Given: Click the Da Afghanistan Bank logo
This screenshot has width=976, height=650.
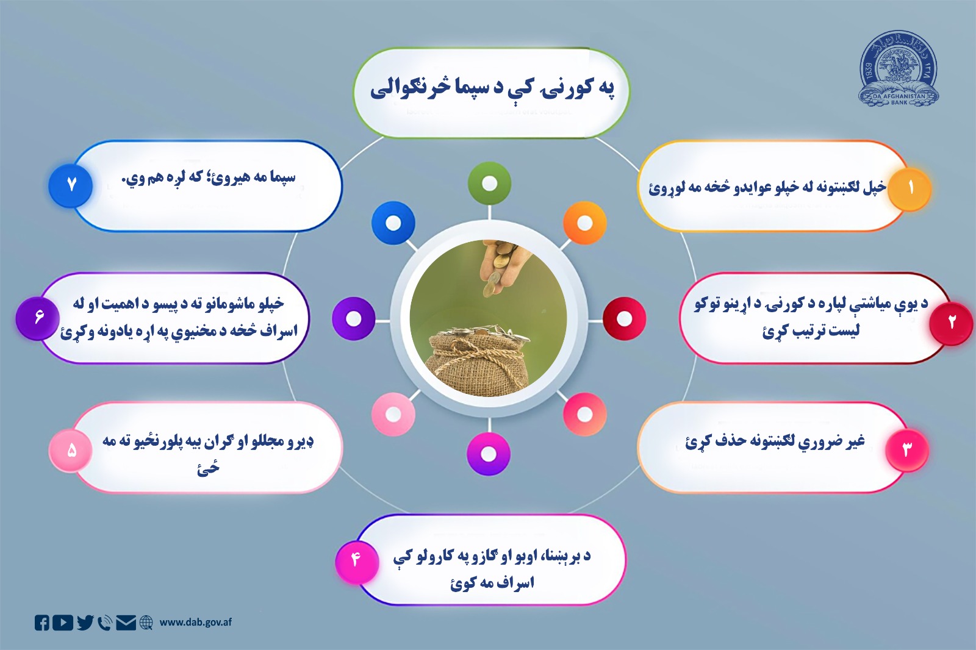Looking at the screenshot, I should coord(899,70).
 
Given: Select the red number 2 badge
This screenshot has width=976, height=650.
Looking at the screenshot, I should coord(951,323).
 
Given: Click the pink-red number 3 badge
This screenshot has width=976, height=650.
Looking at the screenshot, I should coord(906,450).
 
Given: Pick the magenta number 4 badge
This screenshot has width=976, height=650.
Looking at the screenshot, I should coord(356,559).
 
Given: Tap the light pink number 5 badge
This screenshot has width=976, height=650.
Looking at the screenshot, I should coord(71,451).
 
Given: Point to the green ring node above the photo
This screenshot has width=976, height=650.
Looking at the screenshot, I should coord(489,184).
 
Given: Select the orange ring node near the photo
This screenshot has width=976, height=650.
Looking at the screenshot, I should coord(584,223).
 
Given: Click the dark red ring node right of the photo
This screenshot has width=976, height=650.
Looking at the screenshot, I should coord(624,319).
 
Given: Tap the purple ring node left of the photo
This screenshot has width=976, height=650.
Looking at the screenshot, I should coord(354,318).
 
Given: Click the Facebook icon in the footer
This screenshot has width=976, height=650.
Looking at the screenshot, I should coord(42,623).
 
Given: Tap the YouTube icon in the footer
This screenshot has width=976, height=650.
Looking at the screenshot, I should coord(63,623).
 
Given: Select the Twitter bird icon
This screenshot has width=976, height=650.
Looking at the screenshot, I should coord(85,623).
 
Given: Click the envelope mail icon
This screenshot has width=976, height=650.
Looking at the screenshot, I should coord(126,623).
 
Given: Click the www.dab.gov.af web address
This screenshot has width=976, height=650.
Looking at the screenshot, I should coord(195,623).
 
